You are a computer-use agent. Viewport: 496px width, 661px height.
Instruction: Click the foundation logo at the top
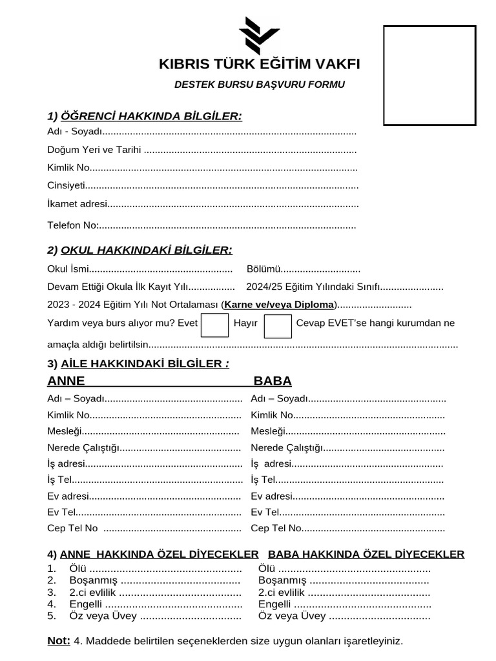[259, 36]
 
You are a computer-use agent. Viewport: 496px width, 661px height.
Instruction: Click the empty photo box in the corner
[429, 76]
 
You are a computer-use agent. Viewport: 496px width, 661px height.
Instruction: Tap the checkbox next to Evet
[214, 325]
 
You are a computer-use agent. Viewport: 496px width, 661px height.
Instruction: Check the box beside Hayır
[278, 325]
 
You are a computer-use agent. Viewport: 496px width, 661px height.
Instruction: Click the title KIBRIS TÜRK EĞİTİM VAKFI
[260, 65]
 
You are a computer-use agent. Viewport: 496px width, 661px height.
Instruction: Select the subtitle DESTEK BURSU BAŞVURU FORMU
[260, 85]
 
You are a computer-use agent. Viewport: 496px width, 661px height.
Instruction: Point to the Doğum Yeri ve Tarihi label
[94, 150]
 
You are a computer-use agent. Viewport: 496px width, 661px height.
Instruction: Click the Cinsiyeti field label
[67, 185]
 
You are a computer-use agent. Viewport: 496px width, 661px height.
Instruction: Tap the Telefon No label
[72, 225]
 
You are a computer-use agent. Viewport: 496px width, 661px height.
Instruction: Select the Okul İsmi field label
[68, 269]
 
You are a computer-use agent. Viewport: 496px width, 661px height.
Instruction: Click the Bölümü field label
[263, 269]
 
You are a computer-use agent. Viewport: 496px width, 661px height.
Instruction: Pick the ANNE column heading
[66, 381]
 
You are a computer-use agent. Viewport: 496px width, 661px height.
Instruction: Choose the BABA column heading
[273, 381]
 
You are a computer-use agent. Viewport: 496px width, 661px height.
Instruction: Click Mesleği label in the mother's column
[65, 431]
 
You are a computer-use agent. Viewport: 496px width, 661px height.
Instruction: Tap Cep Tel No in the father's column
[276, 528]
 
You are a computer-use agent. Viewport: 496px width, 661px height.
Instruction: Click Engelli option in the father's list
[274, 604]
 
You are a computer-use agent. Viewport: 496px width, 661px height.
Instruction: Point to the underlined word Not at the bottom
[59, 641]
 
